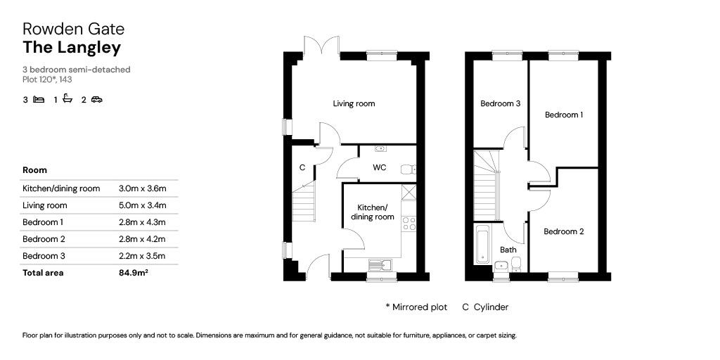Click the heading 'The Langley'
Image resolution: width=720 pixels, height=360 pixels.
tap(72, 48)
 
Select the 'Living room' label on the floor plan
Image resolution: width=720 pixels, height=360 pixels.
tap(354, 103)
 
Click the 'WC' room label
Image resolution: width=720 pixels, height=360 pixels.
tap(379, 167)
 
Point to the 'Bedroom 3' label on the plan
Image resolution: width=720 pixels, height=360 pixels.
tap(500, 103)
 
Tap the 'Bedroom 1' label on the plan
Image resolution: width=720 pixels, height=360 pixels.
tap(563, 115)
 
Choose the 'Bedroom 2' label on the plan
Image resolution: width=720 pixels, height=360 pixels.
tap(563, 231)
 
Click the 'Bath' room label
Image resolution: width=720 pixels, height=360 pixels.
tap(508, 250)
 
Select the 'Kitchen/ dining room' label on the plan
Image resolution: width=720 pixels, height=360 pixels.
tap(372, 212)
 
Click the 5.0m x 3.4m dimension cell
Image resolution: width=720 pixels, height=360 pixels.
tap(142, 205)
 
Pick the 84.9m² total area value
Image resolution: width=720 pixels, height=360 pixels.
tap(133, 273)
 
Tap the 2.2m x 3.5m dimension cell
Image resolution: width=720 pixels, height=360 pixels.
tap(142, 256)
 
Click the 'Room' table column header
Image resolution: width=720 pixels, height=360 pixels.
tap(34, 170)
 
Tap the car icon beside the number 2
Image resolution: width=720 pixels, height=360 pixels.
tap(96, 100)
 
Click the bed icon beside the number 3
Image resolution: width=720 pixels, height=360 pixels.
tap(39, 100)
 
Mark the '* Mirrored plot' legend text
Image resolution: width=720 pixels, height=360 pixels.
tap(416, 307)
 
